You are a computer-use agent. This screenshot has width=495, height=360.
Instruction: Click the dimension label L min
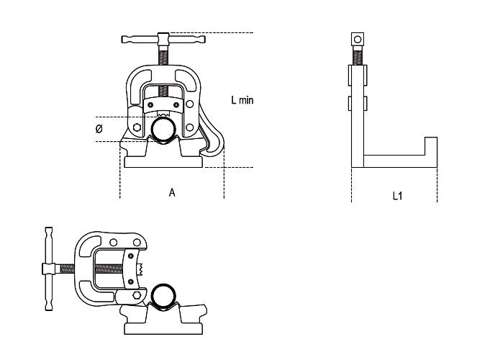[x=242, y=101]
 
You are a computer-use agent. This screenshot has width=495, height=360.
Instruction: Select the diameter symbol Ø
[x=99, y=129]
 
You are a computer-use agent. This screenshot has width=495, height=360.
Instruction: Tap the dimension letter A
[x=172, y=192]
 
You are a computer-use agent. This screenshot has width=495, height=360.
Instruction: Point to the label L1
[x=396, y=195]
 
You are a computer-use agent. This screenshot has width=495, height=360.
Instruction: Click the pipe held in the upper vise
[x=163, y=130]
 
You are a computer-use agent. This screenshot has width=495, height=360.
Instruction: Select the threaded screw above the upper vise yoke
[x=165, y=55]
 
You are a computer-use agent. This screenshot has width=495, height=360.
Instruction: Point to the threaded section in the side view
[x=355, y=55]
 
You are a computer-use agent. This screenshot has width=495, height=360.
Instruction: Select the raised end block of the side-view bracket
[x=430, y=145]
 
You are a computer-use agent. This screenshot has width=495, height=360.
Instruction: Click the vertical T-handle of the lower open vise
[x=47, y=269]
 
